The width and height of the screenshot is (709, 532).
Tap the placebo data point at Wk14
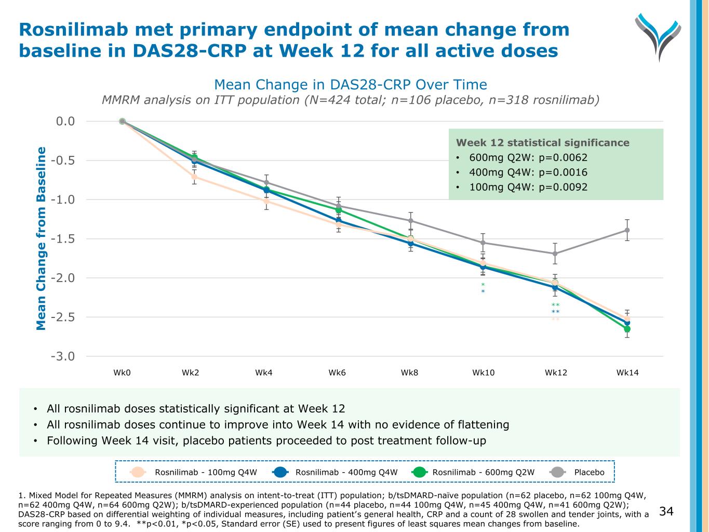point(627,230)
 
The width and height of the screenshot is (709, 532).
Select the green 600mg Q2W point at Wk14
point(627,329)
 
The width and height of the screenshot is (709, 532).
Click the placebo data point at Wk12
point(555,254)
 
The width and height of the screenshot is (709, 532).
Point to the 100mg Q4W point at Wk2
point(194,177)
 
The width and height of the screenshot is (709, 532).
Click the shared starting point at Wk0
point(122,121)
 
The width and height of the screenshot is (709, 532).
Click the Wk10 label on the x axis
point(483,373)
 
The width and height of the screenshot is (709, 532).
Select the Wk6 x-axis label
point(337,373)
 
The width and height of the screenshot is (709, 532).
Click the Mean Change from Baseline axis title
point(42,238)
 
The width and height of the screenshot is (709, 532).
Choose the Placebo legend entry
point(589,472)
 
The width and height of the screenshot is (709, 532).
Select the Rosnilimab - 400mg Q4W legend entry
point(346,472)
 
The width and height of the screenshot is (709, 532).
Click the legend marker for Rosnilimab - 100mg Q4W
point(138,472)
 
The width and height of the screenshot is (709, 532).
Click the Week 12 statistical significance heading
point(542,143)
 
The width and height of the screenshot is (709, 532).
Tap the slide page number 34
point(666,512)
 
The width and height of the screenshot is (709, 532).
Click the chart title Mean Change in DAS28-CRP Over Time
point(351,85)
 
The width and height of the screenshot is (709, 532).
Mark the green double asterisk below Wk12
point(555,305)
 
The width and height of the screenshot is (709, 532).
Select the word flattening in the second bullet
point(480,424)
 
